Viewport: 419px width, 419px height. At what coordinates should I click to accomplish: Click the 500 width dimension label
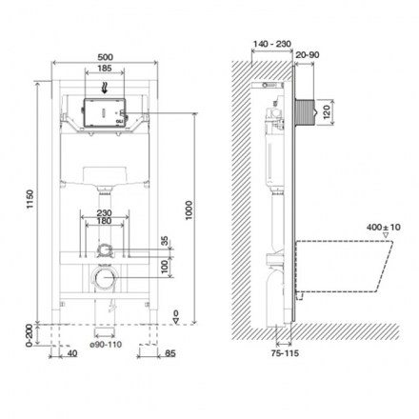(x=105, y=57)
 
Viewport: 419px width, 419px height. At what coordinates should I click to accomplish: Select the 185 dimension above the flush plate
(x=105, y=68)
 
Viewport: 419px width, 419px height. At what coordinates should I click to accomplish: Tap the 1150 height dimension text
(x=30, y=199)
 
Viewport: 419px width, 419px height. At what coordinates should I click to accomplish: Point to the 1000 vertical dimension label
(x=189, y=209)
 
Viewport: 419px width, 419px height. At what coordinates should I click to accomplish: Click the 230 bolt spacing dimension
(x=104, y=213)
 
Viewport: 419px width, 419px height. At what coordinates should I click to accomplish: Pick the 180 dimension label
(x=104, y=221)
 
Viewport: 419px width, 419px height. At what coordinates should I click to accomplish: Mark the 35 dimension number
(x=165, y=241)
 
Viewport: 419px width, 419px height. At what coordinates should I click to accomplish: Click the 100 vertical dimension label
(x=165, y=267)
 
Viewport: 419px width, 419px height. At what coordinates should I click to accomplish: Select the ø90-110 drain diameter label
(x=106, y=345)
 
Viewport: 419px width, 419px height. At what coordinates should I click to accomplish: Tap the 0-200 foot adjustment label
(x=30, y=335)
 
